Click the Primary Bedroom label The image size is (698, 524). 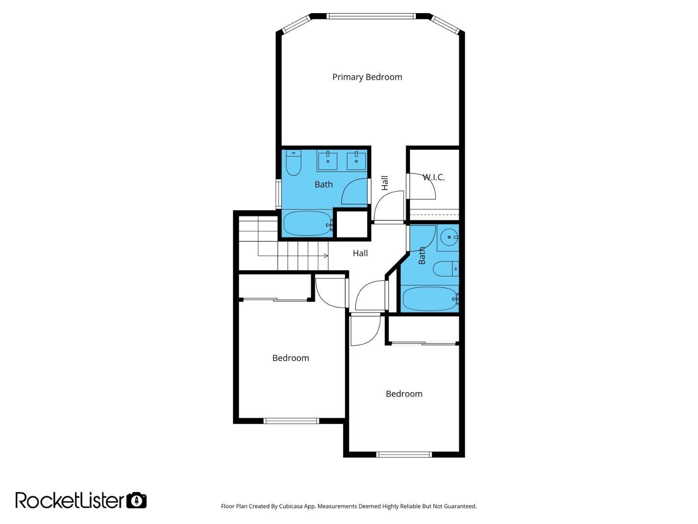point(367,77)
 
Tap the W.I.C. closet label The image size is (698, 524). point(433,177)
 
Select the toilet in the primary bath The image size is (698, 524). point(293,163)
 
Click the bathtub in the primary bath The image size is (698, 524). point(307,223)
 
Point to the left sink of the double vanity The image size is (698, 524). point(328,161)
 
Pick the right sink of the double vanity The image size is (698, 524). point(356,161)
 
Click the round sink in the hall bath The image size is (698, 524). point(449,237)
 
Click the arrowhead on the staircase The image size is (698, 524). point(326,256)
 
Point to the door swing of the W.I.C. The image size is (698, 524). point(422,186)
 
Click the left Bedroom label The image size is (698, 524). point(291,358)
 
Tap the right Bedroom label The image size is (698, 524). point(404,394)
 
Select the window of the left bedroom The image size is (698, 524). point(291,421)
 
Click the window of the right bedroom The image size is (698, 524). point(404,455)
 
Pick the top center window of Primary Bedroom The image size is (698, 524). point(371,16)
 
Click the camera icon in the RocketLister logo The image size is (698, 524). point(136,500)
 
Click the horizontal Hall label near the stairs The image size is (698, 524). point(360,253)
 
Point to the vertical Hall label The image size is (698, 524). point(385,183)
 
